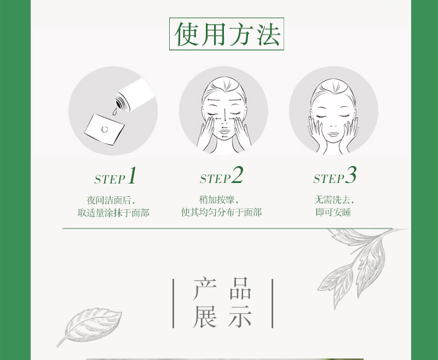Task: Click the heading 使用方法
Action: pyautogui.click(x=227, y=35)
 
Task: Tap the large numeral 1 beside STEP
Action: pyautogui.click(x=131, y=176)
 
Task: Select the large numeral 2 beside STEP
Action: pyautogui.click(x=237, y=176)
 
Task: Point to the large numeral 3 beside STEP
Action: pyautogui.click(x=351, y=176)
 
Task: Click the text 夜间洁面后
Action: pyautogui.click(x=111, y=199)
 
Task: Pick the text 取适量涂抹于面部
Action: pyautogui.click(x=114, y=213)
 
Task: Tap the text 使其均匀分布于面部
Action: pyautogui.click(x=222, y=213)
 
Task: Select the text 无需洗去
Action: pyautogui.click(x=333, y=199)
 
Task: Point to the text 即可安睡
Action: pyautogui.click(x=333, y=213)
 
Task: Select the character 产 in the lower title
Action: pyautogui.click(x=205, y=289)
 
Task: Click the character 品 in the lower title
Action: pyautogui.click(x=240, y=289)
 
